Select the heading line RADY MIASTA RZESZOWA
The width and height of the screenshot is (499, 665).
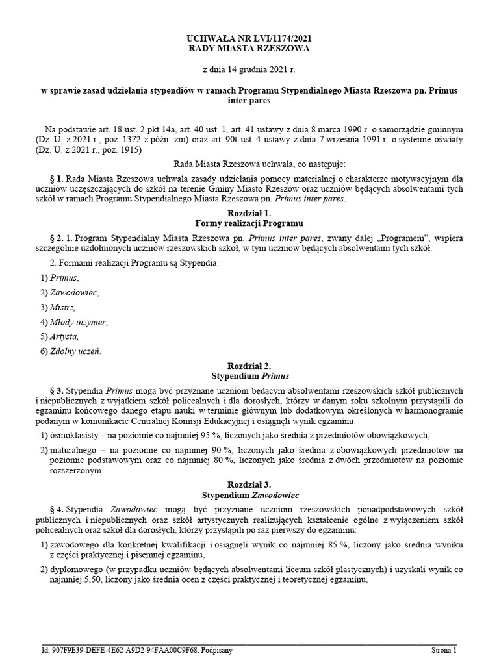pyautogui.click(x=249, y=49)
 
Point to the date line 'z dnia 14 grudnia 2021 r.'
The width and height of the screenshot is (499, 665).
pyautogui.click(x=249, y=69)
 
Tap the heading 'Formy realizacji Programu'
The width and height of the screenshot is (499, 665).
pyautogui.click(x=249, y=223)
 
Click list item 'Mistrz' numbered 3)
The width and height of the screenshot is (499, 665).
pyautogui.click(x=62, y=307)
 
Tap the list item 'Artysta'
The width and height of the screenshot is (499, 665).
pyautogui.click(x=64, y=336)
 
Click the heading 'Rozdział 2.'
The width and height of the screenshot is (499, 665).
pyautogui.click(x=249, y=366)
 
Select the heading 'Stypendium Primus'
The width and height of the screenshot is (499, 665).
pyautogui.click(x=249, y=376)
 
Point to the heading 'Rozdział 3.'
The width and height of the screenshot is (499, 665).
pyautogui.click(x=249, y=484)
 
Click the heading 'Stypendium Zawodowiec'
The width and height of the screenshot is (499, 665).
pyautogui.click(x=249, y=495)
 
